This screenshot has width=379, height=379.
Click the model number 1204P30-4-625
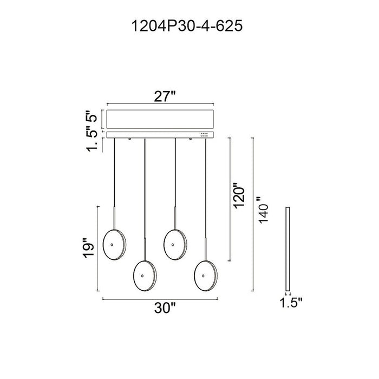point(187,26)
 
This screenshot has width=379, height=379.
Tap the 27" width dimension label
point(165,97)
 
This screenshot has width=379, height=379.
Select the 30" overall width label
point(165,308)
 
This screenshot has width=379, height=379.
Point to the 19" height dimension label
point(88,248)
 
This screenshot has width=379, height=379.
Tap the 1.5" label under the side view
point(291,303)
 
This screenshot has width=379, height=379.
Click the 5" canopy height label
point(92,116)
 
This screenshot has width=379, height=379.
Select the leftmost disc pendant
point(114,245)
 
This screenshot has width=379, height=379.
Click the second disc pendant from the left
point(145,276)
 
